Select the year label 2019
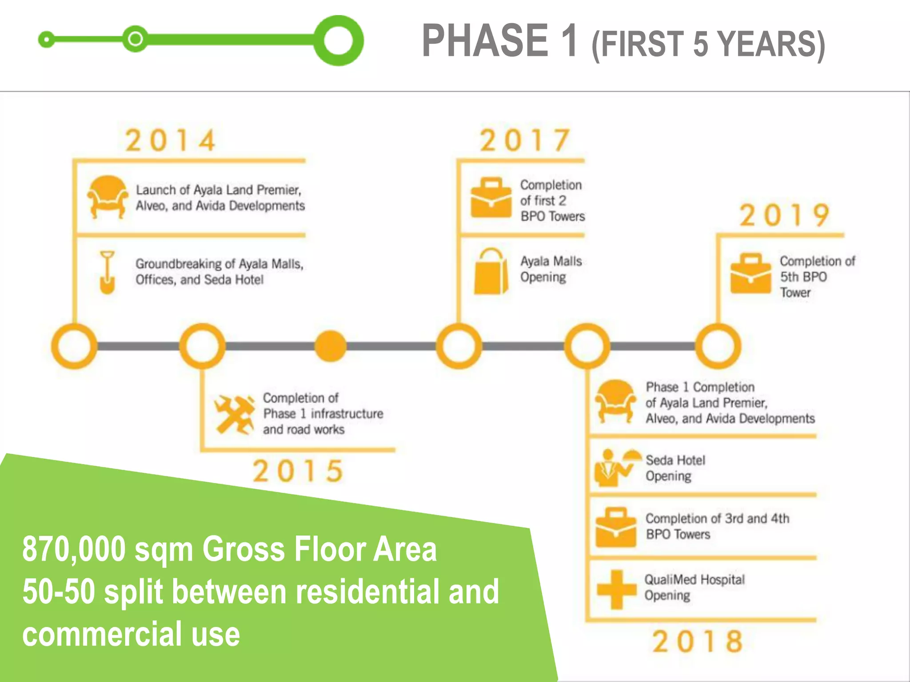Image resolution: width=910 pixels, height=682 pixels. pyautogui.click(x=784, y=215)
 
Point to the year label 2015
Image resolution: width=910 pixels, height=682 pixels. pyautogui.click(x=298, y=471)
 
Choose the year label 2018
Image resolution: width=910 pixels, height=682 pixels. pyautogui.click(x=698, y=641)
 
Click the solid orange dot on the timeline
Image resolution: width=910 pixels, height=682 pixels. pyautogui.click(x=330, y=346)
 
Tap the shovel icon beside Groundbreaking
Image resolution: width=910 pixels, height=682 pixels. pyautogui.click(x=107, y=272)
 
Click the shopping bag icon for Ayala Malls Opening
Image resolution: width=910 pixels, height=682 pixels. pyautogui.click(x=491, y=272)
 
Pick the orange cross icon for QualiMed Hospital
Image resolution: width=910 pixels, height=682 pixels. pyautogui.click(x=616, y=589)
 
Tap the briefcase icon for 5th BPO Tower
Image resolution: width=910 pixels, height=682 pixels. pyautogui.click(x=750, y=274)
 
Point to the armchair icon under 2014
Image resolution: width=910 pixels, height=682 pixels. pyautogui.click(x=107, y=197)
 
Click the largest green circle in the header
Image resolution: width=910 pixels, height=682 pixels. pyautogui.click(x=339, y=40)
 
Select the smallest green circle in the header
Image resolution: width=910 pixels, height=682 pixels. pyautogui.click(x=46, y=40)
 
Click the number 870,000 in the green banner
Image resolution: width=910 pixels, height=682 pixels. pyautogui.click(x=74, y=549)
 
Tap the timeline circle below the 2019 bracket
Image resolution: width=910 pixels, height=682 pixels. pyautogui.click(x=718, y=346)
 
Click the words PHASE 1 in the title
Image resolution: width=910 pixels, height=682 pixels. pyautogui.click(x=500, y=41)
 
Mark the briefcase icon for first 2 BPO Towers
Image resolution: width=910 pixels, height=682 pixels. pyautogui.click(x=491, y=198)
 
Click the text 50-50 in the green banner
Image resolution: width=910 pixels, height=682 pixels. pyautogui.click(x=59, y=592)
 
